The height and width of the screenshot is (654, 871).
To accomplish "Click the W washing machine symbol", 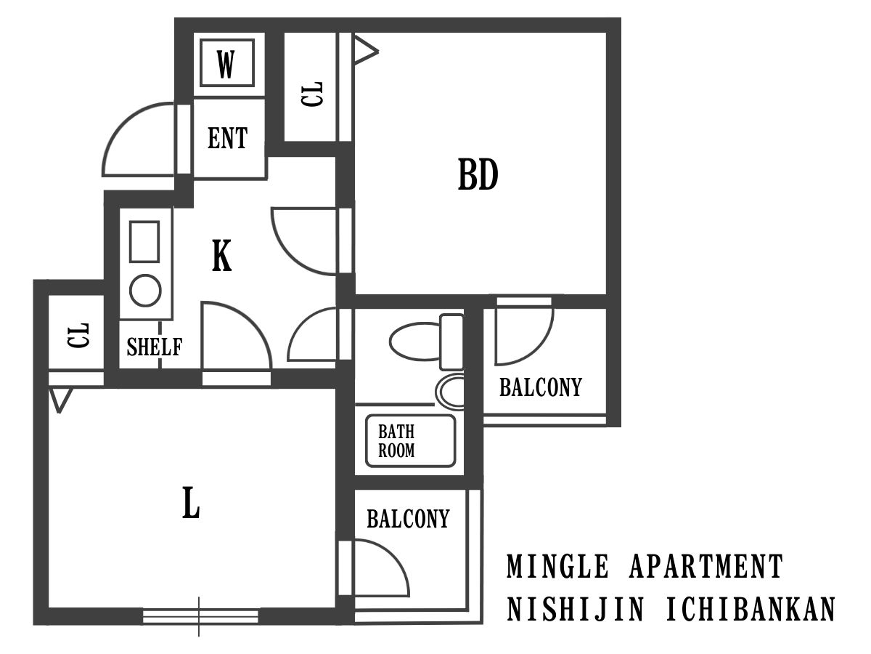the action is tap(226, 62).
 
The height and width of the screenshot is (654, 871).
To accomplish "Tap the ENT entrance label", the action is tap(228, 138).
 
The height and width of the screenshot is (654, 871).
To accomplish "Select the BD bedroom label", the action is tap(478, 174).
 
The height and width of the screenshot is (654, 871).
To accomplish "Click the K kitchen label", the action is tap(221, 256).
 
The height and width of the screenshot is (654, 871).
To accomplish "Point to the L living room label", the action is tap(191, 503).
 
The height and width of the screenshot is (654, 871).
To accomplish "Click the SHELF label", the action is tap(155, 347).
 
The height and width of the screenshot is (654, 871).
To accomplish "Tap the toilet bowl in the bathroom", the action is tap(415, 342).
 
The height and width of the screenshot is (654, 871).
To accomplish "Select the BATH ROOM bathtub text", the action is tap(396, 441).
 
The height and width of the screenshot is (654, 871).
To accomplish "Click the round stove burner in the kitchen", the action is tap(145, 291).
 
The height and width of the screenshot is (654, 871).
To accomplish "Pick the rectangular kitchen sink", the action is tap(144, 241).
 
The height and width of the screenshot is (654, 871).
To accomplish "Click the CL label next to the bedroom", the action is tap(312, 94).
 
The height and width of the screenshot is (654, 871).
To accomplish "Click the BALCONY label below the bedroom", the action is tap(541, 387).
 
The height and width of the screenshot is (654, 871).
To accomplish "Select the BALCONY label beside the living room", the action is tap(408, 519).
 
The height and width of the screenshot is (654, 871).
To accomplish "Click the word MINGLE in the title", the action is tap(557, 567).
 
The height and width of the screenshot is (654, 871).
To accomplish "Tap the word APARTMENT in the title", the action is tap(706, 567).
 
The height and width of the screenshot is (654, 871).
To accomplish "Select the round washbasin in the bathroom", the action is tap(449, 391).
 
